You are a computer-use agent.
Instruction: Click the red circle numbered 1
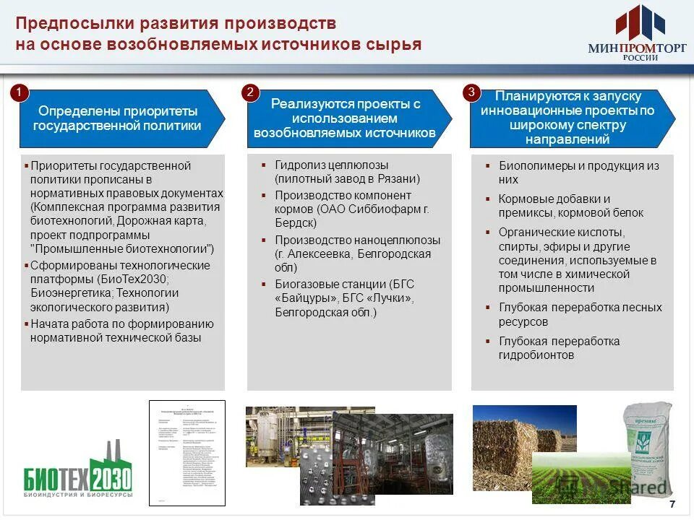coord(20,92)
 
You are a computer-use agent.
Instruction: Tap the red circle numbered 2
coord(250,92)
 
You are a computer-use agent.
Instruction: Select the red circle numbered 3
coord(471,92)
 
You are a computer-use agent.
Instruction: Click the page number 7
coord(673,505)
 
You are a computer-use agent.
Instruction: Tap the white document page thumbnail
coord(187,453)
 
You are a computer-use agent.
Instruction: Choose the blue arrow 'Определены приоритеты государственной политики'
coord(119,118)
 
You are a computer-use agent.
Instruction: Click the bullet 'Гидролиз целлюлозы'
coord(331,165)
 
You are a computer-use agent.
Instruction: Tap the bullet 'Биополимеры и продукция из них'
coord(578,173)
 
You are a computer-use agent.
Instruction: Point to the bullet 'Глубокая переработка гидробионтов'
coord(559,348)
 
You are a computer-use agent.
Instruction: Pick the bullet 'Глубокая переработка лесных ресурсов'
coord(580,314)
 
